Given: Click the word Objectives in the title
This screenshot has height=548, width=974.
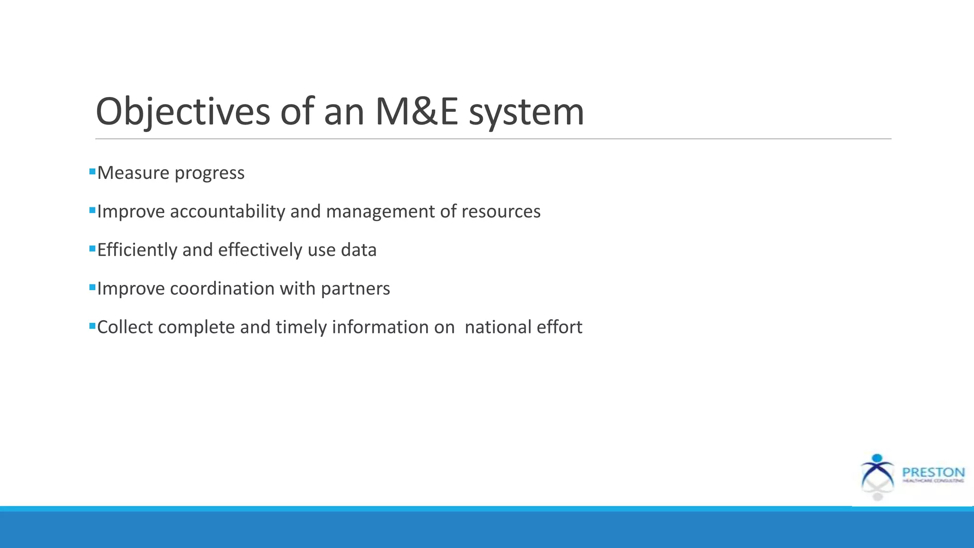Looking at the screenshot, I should (183, 112).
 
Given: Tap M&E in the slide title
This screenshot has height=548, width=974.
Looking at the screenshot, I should (416, 112).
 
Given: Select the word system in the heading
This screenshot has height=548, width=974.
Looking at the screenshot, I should (526, 112).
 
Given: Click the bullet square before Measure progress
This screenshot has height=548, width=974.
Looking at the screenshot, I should (92, 171).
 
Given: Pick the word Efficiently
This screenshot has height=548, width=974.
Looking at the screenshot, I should (137, 250).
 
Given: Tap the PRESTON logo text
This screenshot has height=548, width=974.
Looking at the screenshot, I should (933, 472).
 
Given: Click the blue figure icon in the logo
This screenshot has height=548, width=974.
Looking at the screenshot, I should (877, 471).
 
